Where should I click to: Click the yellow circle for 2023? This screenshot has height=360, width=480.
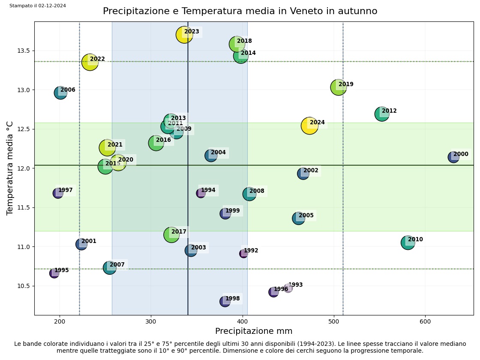(x=184, y=35)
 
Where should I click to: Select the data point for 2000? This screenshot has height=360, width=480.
(x=453, y=157)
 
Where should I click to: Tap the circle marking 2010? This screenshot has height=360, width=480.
(x=408, y=243)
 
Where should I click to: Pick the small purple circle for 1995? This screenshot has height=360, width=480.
(x=54, y=273)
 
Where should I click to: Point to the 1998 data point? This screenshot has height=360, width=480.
(x=225, y=301)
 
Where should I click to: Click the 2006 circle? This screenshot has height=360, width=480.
(x=60, y=93)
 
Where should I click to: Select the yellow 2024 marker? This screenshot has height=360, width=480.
(x=309, y=126)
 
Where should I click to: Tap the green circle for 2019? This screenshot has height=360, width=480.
(x=339, y=87)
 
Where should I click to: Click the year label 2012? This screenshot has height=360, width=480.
(x=389, y=111)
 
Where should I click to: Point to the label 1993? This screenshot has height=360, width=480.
(x=295, y=285)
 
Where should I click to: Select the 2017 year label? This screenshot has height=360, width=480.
(x=179, y=232)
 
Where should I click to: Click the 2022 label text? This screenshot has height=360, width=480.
(x=97, y=59)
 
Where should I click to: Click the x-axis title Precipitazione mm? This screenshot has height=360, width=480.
(x=254, y=331)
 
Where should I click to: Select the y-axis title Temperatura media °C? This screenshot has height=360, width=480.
(x=10, y=168)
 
